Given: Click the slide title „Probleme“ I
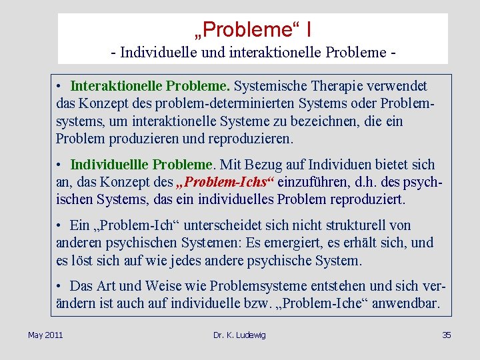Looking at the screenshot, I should click(253, 29).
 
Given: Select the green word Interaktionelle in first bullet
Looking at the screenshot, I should click(116, 86).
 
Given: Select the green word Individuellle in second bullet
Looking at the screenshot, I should click(109, 164).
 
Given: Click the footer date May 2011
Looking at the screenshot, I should click(45, 335).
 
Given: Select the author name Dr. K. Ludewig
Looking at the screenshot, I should click(239, 335).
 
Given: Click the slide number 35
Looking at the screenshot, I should click(447, 335).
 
